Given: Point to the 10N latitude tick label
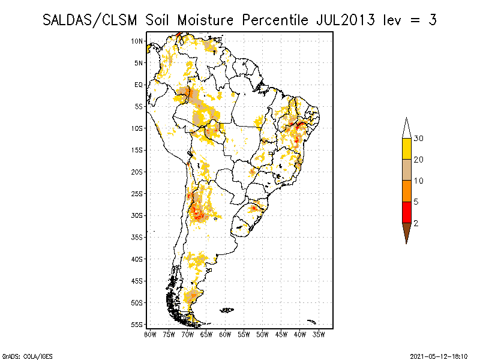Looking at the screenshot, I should click(x=137, y=41).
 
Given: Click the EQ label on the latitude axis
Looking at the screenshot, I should click(x=139, y=85).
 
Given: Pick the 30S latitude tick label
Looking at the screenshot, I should click(x=137, y=215).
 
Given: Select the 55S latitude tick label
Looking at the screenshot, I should click(x=137, y=324).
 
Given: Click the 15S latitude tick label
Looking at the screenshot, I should click(x=137, y=150).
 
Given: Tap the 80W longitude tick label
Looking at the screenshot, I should click(x=151, y=334).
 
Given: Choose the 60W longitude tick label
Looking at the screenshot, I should click(x=225, y=334).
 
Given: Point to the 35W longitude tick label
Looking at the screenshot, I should click(x=318, y=334).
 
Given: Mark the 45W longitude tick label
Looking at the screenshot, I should click(x=281, y=334).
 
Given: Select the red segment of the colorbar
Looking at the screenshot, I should click(x=406, y=212).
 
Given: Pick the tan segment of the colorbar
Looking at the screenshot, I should click(x=406, y=170).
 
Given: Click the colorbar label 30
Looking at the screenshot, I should click(x=419, y=139).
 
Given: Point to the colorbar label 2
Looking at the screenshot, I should click(x=416, y=223).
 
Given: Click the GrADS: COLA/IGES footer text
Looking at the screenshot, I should click(x=22, y=355).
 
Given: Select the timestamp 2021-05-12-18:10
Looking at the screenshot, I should click(x=439, y=355).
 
